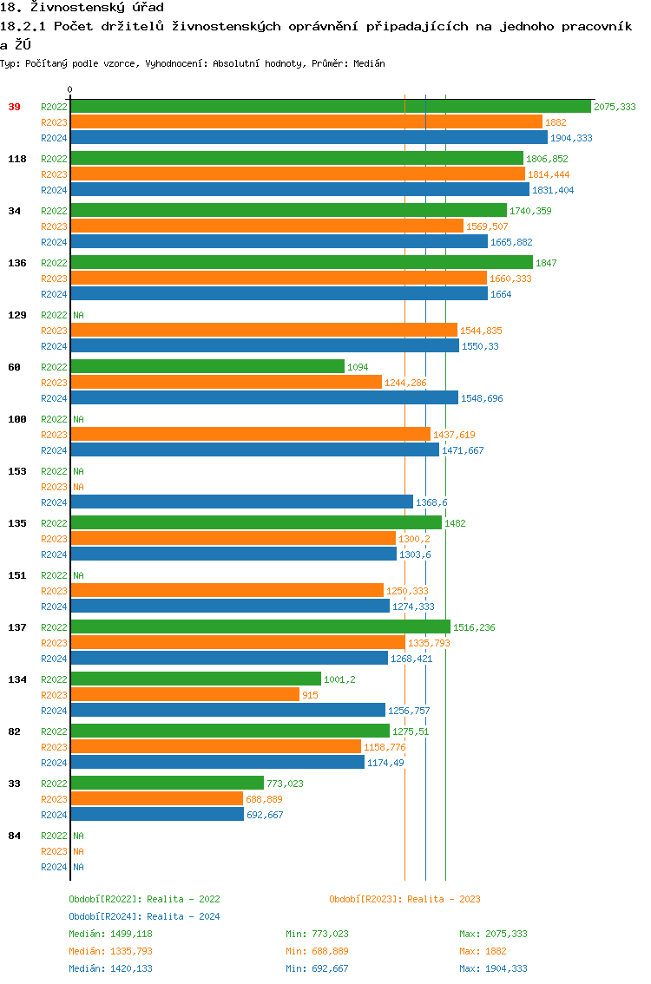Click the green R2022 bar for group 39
(x=330, y=107)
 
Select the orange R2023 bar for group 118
(x=297, y=174)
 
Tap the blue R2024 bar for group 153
(x=241, y=502)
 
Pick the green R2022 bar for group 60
(x=207, y=367)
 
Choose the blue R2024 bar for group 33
(x=157, y=815)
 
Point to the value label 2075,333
(x=615, y=107)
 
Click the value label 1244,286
(x=406, y=383)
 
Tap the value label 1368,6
(x=431, y=502)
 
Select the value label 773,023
(x=285, y=784)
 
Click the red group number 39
(x=15, y=107)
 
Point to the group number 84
(x=15, y=836)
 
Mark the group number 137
(x=17, y=627)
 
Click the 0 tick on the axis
(x=70, y=89)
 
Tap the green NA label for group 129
(x=78, y=315)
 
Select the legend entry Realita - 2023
(x=404, y=899)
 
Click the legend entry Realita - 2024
(x=144, y=916)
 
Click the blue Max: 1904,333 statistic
(x=493, y=968)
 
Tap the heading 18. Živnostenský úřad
(x=82, y=8)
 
